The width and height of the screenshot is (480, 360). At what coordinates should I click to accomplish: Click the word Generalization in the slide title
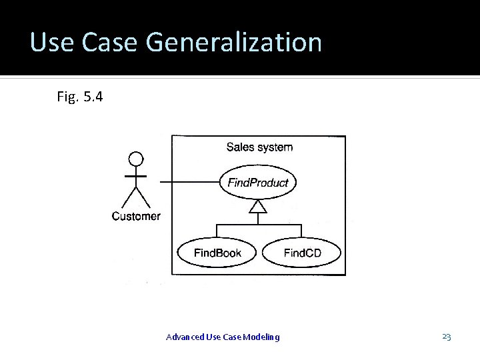233,43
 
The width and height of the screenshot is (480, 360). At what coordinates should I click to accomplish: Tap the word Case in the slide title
111,43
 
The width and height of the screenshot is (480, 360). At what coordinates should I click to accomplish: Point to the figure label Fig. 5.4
79,97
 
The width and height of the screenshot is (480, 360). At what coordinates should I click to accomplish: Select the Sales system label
259,147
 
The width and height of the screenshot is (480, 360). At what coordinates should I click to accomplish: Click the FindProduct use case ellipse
258,183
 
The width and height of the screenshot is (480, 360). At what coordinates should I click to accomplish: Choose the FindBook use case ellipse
217,253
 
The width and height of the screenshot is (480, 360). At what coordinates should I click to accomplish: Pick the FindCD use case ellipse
302,253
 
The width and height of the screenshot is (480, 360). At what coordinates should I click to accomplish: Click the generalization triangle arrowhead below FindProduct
258,207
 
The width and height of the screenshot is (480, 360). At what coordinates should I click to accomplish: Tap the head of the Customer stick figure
136,159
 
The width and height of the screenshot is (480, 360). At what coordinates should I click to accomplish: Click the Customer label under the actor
136,216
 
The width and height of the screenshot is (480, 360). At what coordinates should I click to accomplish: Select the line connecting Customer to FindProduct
190,182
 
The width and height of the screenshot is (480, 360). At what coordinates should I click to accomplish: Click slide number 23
447,337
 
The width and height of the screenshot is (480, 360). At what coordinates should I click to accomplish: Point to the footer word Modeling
262,337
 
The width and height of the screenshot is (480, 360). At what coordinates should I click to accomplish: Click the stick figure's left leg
129,197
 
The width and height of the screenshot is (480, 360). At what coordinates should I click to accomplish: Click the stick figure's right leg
143,197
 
